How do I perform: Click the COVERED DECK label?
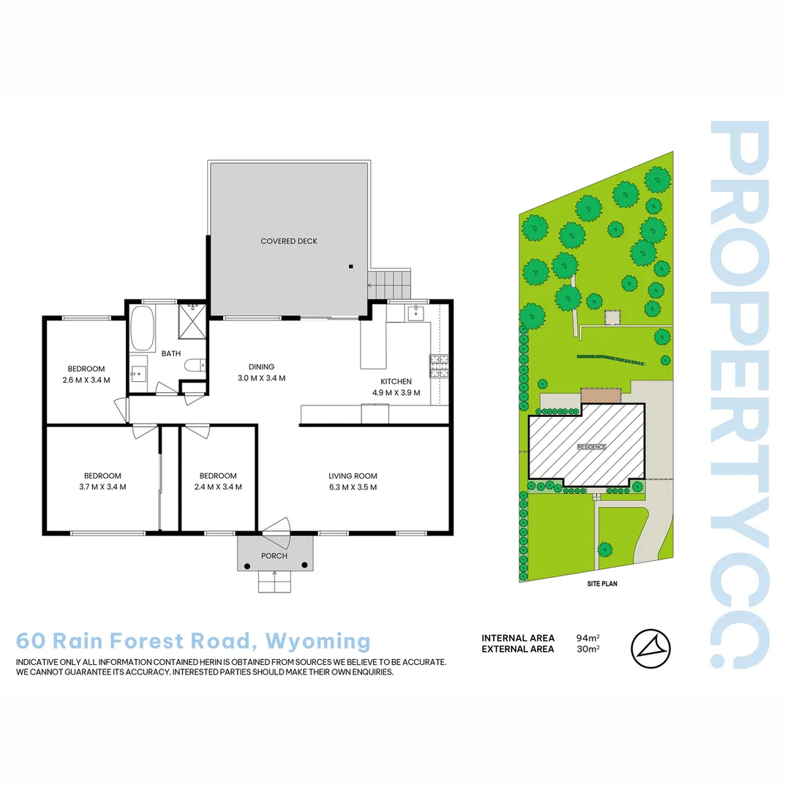tap(289, 241)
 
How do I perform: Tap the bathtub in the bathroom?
tap(141, 329)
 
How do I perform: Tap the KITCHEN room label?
tap(396, 382)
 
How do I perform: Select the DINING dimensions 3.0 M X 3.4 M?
tap(261, 378)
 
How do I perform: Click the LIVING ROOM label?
tap(353, 476)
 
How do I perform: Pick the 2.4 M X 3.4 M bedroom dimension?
tap(218, 486)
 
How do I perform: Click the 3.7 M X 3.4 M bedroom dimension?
tap(102, 486)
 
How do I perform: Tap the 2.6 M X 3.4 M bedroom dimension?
tap(86, 380)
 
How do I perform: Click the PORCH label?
tap(274, 556)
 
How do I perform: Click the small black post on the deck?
tap(351, 266)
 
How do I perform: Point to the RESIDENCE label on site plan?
tap(591, 446)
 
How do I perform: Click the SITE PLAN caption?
tap(602, 584)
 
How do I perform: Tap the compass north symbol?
tap(650, 648)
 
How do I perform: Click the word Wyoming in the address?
tap(318, 641)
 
